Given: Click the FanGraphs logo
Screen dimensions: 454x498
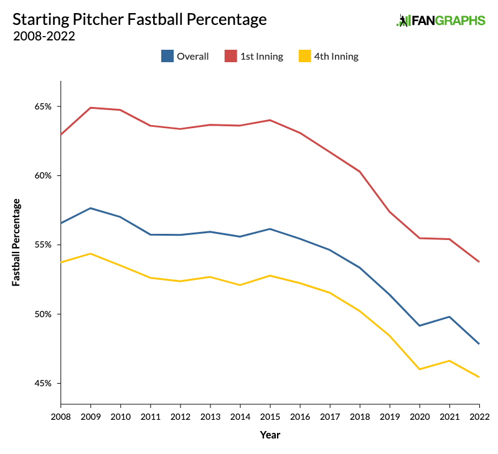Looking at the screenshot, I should coord(441,21).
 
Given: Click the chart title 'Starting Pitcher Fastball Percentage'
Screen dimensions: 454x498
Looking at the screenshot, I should coord(139,19).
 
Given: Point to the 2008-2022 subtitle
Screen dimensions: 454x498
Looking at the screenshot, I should coord(44,36).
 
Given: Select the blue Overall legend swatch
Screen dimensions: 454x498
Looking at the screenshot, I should coord(167,56).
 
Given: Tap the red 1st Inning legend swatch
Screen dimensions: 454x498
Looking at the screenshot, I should coord(230,56).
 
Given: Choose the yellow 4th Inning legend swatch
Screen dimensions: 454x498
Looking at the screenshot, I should coord(304,56).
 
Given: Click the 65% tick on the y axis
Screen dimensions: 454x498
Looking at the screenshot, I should coord(43,106).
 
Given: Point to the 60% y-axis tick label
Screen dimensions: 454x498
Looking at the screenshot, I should coord(43,175).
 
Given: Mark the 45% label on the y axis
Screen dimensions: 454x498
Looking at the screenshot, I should coord(43,383).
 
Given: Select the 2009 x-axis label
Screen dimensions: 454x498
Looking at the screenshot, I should coord(91,416).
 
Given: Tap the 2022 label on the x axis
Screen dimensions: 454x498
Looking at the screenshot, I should coord(479,416).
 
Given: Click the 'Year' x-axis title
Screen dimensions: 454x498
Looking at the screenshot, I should coord(270,435).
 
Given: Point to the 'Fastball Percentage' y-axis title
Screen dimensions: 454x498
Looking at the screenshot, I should coord(17,243).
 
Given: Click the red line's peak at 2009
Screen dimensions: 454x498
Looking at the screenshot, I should coord(91,108).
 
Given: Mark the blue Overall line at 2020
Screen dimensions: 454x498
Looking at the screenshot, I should coord(420,325).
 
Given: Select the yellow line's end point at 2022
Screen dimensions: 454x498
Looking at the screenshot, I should coord(479,377).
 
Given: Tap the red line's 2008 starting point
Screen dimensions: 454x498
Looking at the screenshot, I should coord(61,134).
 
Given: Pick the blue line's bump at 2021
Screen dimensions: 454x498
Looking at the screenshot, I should coord(449,317).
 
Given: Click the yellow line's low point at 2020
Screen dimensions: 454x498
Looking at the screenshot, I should coord(420,369).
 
